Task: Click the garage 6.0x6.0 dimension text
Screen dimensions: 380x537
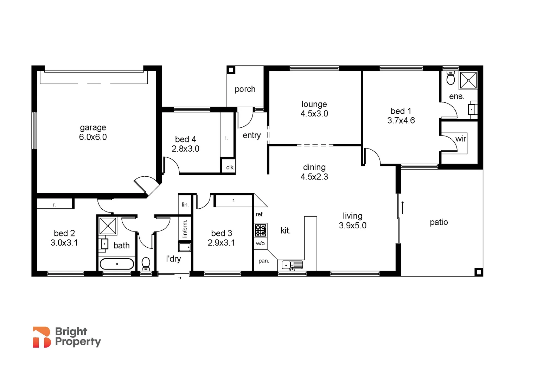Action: click(x=93, y=137)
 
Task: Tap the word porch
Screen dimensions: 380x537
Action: click(x=245, y=89)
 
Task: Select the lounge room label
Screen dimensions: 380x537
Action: click(x=314, y=104)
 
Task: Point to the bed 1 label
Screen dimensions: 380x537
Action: click(x=401, y=111)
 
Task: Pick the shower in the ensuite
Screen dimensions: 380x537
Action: click(x=468, y=80)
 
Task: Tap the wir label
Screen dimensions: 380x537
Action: click(x=461, y=139)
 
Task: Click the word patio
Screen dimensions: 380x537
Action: click(x=439, y=222)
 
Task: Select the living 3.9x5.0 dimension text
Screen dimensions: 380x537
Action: click(x=352, y=226)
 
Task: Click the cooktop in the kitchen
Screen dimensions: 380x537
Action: click(x=261, y=230)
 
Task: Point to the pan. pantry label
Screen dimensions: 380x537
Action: click(x=264, y=261)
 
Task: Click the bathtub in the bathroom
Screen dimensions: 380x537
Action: click(x=117, y=264)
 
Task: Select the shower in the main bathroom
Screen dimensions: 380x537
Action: click(x=107, y=226)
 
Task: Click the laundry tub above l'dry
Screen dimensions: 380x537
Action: click(x=185, y=247)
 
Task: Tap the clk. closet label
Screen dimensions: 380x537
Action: click(x=230, y=167)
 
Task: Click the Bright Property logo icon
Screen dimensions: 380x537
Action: click(x=41, y=337)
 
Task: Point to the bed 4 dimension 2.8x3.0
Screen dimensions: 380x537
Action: click(x=185, y=149)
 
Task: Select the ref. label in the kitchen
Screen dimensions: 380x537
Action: click(x=260, y=214)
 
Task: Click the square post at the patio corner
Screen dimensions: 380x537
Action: click(x=478, y=272)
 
